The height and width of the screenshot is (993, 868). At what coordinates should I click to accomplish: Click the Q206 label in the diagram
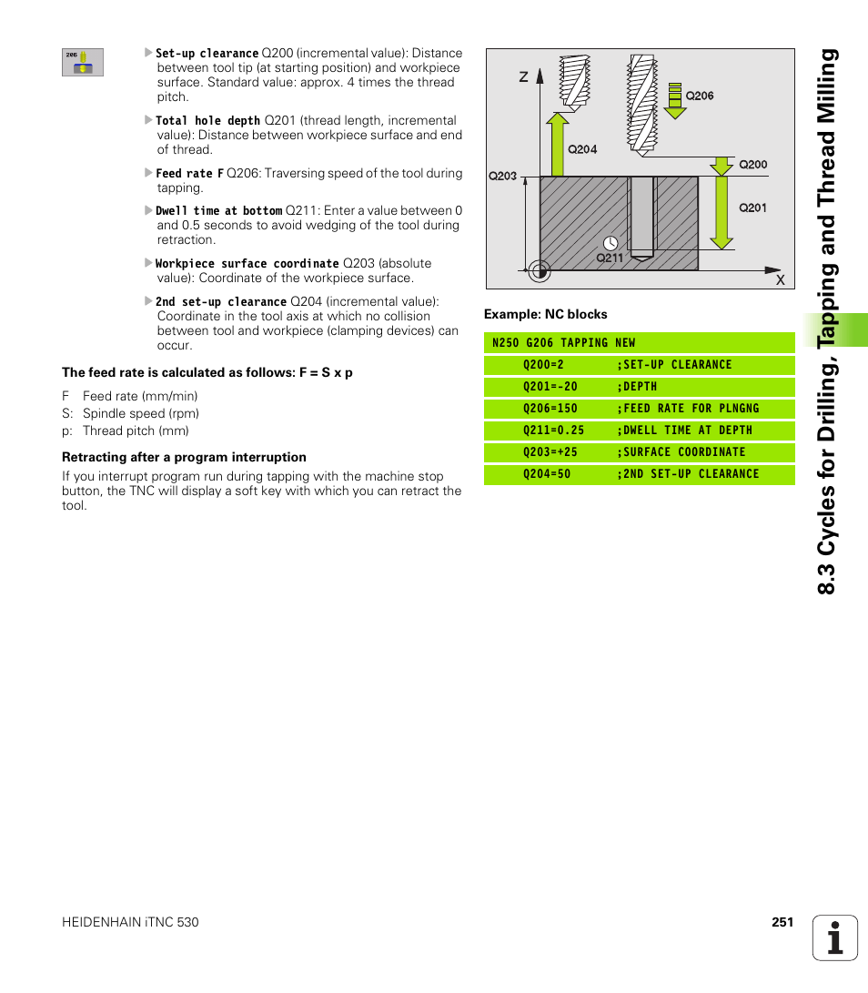(699, 96)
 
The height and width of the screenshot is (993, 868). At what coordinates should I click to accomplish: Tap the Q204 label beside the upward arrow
(582, 149)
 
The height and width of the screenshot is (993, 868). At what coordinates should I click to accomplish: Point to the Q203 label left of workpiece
(502, 176)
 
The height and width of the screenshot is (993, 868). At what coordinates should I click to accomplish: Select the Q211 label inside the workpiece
(610, 258)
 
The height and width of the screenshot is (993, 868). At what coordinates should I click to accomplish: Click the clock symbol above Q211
(610, 243)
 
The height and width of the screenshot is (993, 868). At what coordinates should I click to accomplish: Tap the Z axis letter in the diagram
(523, 77)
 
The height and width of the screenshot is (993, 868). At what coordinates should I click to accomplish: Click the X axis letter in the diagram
(780, 280)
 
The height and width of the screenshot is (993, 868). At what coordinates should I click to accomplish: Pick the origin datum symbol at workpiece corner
(540, 269)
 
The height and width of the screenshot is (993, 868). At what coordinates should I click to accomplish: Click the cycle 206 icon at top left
(83, 62)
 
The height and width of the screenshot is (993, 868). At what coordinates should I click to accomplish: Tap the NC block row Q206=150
(550, 409)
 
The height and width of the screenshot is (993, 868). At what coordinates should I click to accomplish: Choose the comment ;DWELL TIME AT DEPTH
(687, 431)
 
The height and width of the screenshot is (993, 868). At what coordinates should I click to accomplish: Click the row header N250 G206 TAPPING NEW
(563, 343)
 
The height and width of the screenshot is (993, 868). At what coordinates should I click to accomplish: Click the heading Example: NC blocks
(545, 314)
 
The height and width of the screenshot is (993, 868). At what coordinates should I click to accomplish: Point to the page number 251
(782, 922)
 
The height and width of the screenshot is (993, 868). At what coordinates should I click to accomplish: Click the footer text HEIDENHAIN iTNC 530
(130, 922)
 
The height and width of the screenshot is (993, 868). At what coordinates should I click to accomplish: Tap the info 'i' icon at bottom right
(834, 937)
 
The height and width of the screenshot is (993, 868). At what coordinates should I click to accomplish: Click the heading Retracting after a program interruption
(184, 457)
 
